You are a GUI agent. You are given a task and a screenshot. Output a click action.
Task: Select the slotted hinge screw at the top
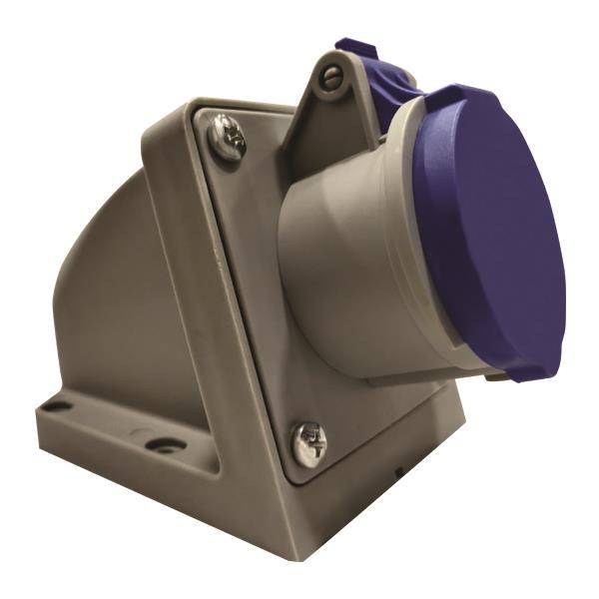[331, 78]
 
